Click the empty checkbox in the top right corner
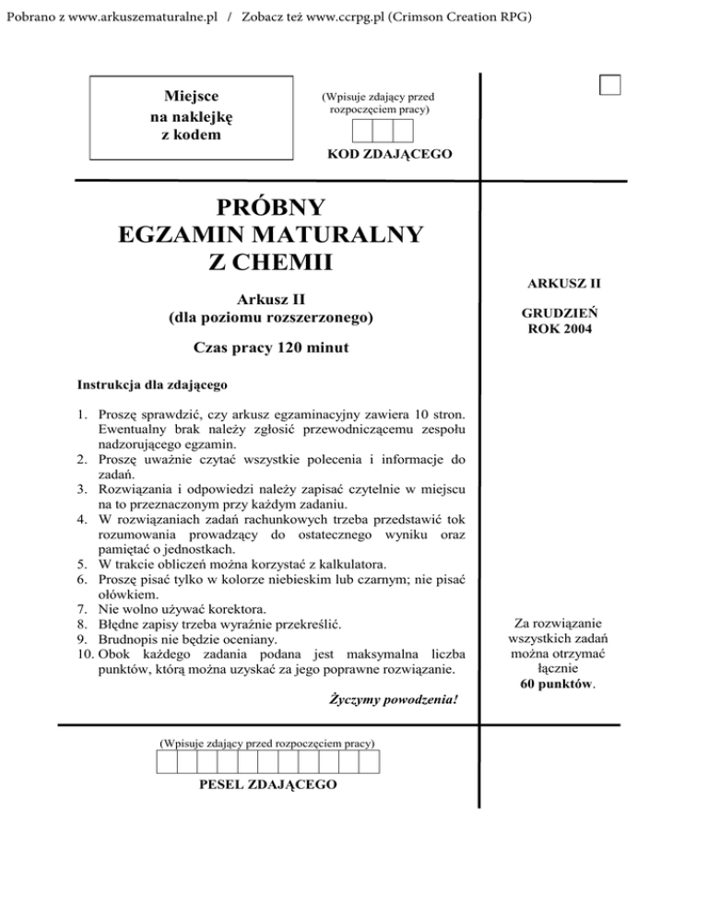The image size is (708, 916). (x=609, y=84)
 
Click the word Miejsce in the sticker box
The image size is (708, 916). (x=192, y=97)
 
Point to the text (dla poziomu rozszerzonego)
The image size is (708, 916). (x=271, y=318)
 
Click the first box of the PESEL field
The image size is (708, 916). (x=166, y=761)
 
